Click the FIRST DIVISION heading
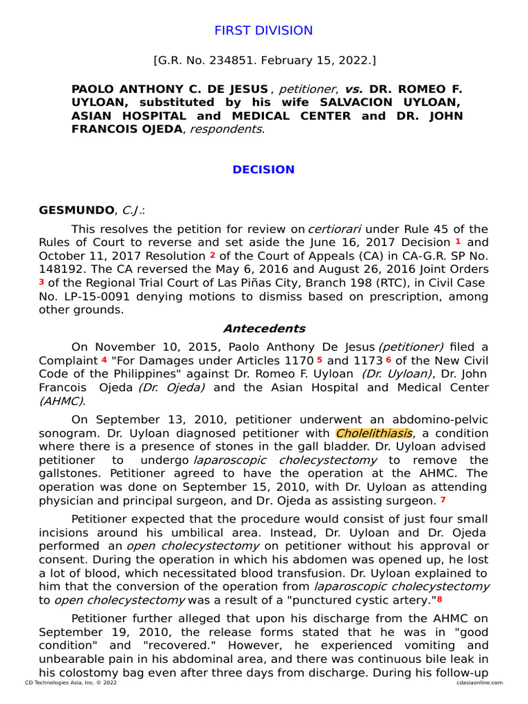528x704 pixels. point(263,31)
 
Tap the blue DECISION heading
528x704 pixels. point(263,170)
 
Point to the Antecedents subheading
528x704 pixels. point(264,329)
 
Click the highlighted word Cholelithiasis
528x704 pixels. point(375,433)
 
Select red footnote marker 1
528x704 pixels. point(458,241)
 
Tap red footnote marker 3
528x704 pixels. point(41,282)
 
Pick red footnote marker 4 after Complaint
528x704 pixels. point(104,360)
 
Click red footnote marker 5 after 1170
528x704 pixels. point(320,360)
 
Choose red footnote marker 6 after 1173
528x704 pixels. point(388,360)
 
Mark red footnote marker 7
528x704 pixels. point(443,500)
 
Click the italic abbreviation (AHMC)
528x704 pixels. point(62,401)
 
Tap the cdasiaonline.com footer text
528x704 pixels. point(479,683)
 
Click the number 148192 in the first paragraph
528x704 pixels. point(60,269)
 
